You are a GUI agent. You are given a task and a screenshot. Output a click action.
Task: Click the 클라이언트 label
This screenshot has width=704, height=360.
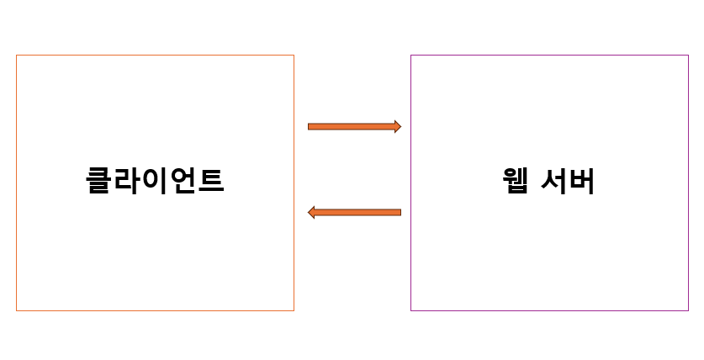[155, 181]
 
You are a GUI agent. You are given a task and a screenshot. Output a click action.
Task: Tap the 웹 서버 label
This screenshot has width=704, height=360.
[548, 181]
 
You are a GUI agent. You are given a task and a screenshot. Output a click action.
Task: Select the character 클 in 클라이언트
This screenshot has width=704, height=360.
[99, 181]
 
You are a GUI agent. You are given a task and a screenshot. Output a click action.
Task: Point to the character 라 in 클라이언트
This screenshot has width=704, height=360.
[127, 181]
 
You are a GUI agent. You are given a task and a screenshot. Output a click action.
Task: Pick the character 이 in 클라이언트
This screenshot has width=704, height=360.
[155, 181]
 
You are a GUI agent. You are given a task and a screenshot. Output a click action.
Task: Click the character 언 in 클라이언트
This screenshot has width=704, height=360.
[183, 181]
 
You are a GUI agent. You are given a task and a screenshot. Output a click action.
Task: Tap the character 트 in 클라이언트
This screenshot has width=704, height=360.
[210, 181]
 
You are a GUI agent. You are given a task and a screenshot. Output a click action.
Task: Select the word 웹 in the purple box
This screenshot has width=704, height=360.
[514, 181]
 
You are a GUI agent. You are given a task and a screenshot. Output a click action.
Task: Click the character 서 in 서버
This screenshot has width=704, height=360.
[554, 181]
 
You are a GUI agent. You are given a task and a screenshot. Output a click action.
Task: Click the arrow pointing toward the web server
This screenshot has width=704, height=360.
[353, 126]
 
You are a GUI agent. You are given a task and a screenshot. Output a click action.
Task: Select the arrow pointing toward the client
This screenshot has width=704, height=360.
[353, 213]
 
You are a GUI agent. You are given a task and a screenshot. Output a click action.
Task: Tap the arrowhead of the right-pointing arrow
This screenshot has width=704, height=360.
[397, 126]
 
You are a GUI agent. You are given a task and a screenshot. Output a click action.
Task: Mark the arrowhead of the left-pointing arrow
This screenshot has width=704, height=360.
[311, 213]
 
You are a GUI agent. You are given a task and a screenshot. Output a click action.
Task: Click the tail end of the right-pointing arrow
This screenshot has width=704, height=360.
[310, 126]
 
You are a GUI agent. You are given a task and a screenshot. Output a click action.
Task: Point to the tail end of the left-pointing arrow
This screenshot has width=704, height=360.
[400, 213]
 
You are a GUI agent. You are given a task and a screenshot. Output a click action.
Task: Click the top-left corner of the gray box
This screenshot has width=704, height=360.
[17, 56]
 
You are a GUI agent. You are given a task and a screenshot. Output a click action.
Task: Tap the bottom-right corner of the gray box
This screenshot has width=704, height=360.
[294, 310]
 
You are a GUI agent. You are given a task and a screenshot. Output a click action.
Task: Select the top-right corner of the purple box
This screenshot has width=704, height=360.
[688, 56]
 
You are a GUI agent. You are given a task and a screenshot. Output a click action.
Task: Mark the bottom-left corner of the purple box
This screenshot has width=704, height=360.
[411, 310]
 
